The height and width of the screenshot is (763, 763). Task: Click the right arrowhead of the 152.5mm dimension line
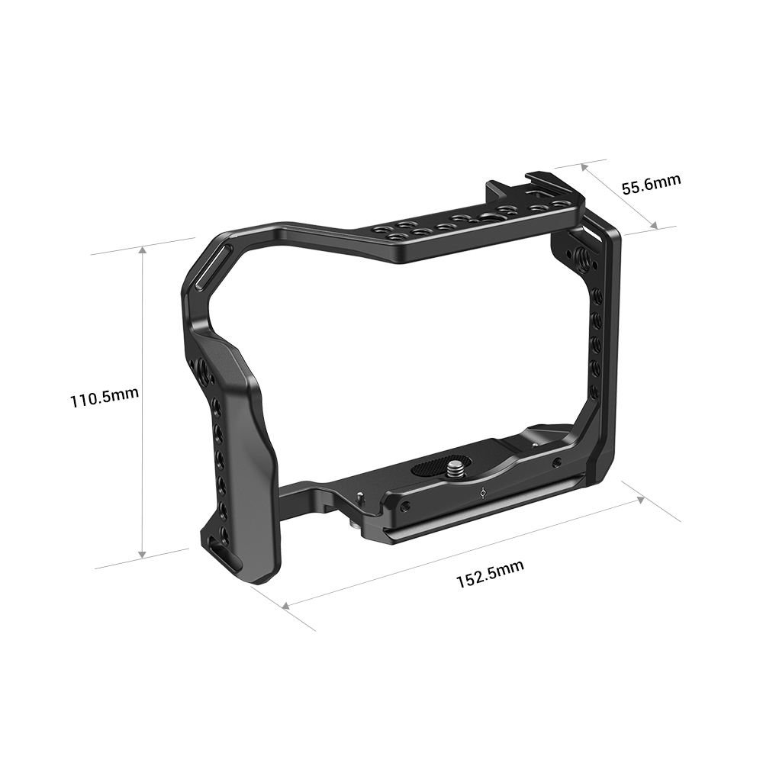(x=642, y=499)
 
